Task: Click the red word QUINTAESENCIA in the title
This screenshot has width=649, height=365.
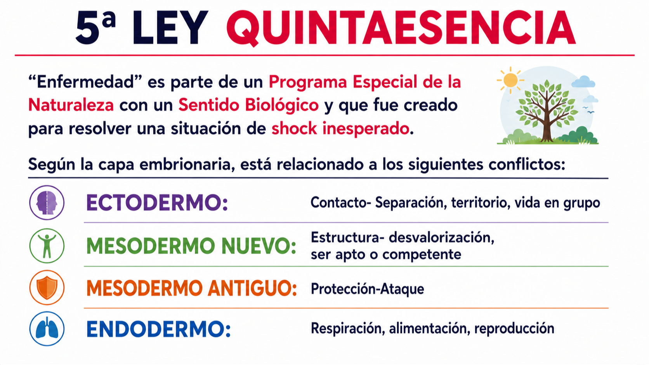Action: click(x=401, y=28)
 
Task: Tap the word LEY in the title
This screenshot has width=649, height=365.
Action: click(x=171, y=28)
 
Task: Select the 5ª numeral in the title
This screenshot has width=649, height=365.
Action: click(x=95, y=28)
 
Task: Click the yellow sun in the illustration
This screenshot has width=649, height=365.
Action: click(x=510, y=80)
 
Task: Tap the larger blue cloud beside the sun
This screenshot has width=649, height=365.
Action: click(x=583, y=82)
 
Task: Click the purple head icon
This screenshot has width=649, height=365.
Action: click(x=47, y=202)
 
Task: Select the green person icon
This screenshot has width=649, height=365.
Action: click(x=47, y=246)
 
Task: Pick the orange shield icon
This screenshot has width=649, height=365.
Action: click(x=47, y=287)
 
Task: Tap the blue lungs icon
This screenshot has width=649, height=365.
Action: click(x=47, y=329)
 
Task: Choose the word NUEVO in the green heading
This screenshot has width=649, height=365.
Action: click(x=259, y=246)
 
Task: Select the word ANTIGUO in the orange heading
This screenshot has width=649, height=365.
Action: click(x=252, y=288)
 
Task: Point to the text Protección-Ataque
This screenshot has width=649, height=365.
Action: click(x=367, y=289)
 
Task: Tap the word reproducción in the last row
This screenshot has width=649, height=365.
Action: click(x=514, y=329)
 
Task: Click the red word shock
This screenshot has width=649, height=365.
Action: click(x=294, y=128)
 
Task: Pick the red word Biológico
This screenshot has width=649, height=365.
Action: click(x=282, y=106)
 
